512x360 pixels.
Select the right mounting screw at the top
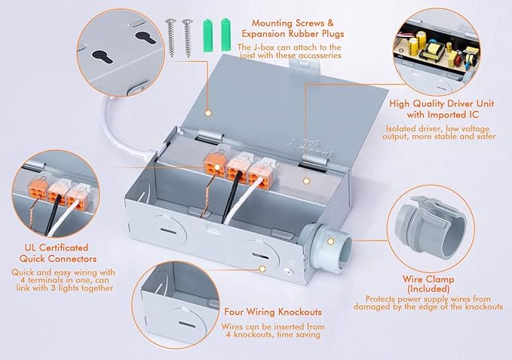[185, 35]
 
